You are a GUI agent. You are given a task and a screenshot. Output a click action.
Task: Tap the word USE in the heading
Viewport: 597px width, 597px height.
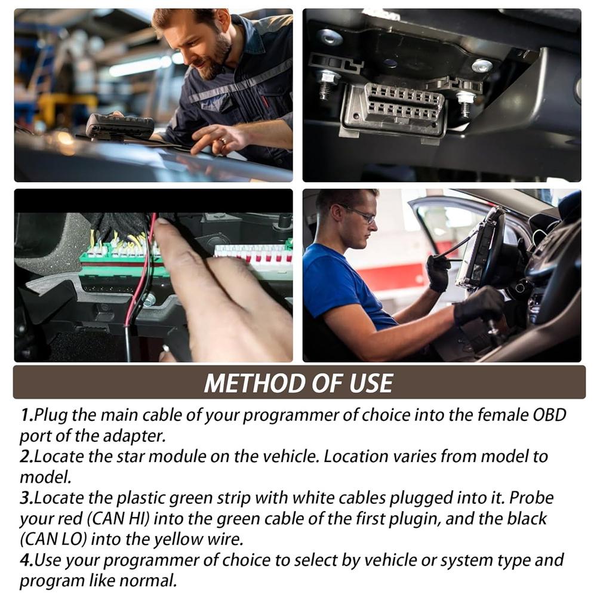pos(370,383)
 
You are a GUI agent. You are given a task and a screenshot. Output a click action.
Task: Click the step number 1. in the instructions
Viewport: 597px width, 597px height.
pos(26,415)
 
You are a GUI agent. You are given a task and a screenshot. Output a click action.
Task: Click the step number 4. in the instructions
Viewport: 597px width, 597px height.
pos(26,561)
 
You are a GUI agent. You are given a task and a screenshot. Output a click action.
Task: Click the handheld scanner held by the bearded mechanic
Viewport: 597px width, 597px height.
pos(120,125)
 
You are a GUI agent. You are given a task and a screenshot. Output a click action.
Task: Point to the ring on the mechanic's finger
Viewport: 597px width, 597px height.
pos(222,141)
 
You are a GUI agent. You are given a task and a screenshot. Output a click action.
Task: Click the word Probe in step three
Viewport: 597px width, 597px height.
pos(531,497)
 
